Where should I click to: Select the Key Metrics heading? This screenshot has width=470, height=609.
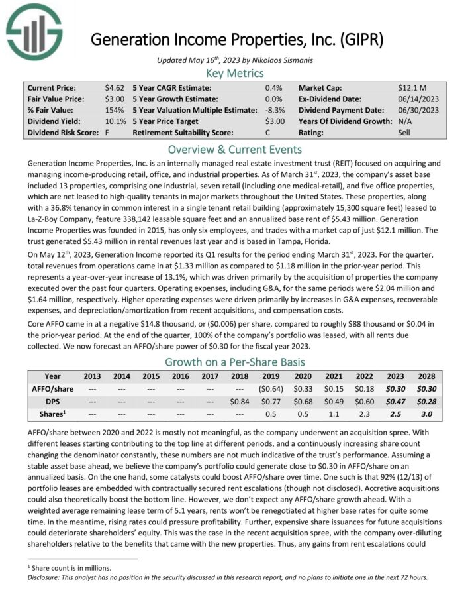tap(235, 73)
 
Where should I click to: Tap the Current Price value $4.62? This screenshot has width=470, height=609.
tap(115, 87)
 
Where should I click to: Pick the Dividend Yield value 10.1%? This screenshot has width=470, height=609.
tap(115, 121)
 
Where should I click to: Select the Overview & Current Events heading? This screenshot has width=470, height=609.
tap(235, 149)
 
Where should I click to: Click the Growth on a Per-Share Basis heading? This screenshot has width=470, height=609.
tap(235, 362)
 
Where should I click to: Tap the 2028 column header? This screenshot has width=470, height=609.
tap(431, 376)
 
